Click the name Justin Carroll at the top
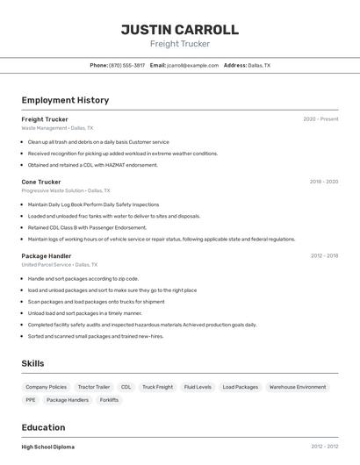pyautogui.click(x=180, y=30)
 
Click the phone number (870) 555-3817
pyautogui.click(x=126, y=65)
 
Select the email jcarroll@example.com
pyautogui.click(x=192, y=65)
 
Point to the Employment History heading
pyautogui.click(x=65, y=100)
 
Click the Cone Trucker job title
pyautogui.click(x=41, y=182)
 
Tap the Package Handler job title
pyautogui.click(x=47, y=256)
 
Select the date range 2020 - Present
pyautogui.click(x=320, y=119)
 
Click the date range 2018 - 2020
pyautogui.click(x=324, y=182)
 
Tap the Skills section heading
pyautogui.click(x=33, y=363)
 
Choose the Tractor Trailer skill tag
pyautogui.click(x=94, y=387)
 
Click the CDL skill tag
pyautogui.click(x=126, y=387)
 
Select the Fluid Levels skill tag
pyautogui.click(x=198, y=387)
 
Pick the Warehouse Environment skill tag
pyautogui.click(x=298, y=387)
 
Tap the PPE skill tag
pyautogui.click(x=31, y=400)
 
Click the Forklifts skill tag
pyautogui.click(x=109, y=400)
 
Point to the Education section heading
pyautogui.click(x=45, y=427)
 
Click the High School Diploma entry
pyautogui.click(x=48, y=447)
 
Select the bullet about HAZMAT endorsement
pyautogui.click(x=93, y=165)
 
